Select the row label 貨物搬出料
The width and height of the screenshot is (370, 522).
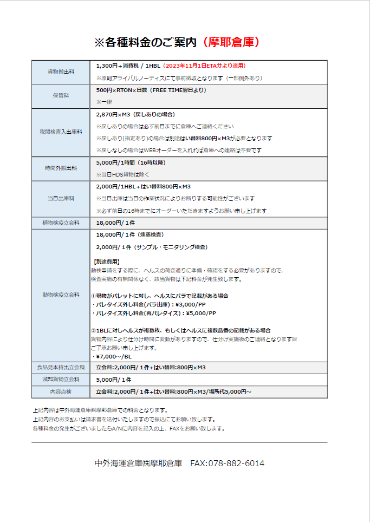click(x=61, y=71)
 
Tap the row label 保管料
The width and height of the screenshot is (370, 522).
click(x=61, y=96)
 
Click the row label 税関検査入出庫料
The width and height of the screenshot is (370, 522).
click(x=61, y=132)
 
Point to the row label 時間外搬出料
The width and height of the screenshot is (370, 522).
click(x=61, y=168)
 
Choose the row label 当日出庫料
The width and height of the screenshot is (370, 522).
click(x=61, y=198)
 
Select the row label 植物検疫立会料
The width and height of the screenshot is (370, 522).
click(x=61, y=223)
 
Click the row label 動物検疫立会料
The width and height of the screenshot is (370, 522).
click(x=61, y=295)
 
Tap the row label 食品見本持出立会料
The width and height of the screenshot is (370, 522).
click(x=61, y=368)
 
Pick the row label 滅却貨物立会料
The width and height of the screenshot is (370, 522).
click(x=61, y=380)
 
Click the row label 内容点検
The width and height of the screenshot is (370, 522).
click(x=61, y=391)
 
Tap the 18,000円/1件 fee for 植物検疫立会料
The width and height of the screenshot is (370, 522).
click(x=115, y=223)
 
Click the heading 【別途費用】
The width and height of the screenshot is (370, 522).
click(x=107, y=262)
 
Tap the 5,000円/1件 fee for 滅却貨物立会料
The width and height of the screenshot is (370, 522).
click(x=113, y=380)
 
